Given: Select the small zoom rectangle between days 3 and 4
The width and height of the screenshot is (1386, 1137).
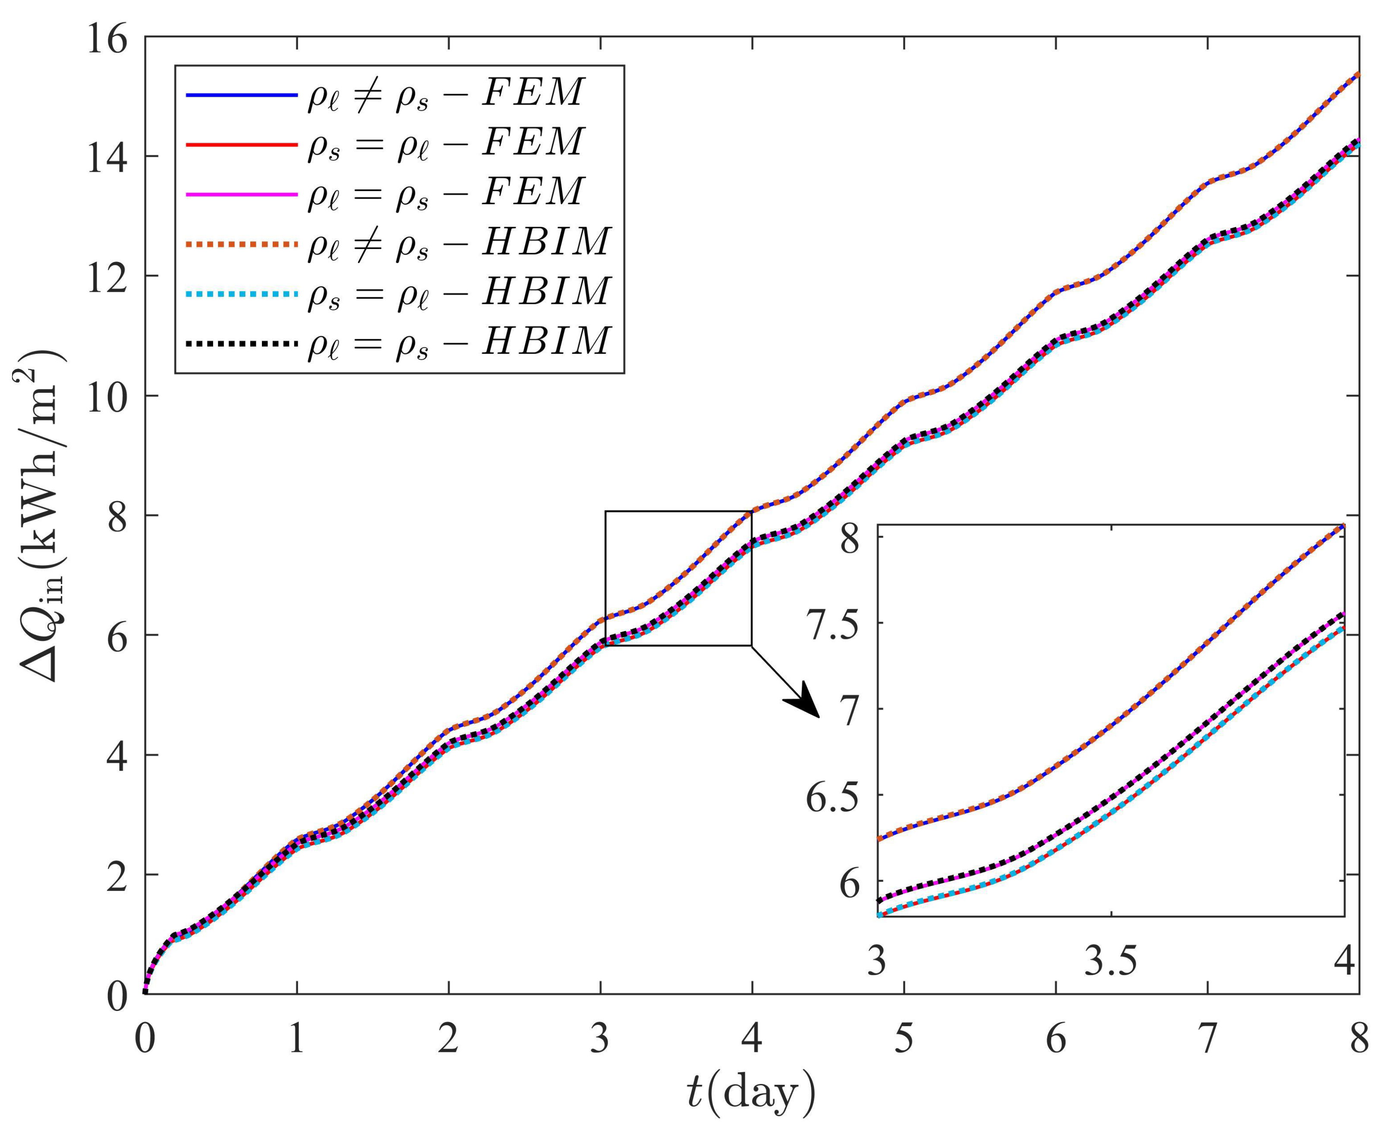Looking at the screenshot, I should (678, 578).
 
